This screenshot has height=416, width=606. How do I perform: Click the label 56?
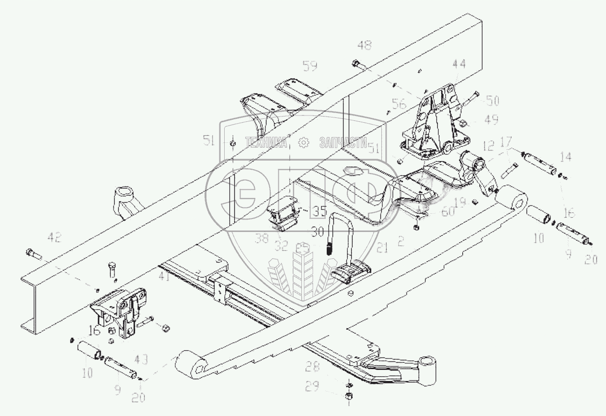399,104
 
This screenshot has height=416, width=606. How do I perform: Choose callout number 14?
565,156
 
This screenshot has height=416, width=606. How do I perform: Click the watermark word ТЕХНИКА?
266,142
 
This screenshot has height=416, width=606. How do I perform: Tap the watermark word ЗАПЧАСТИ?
342,142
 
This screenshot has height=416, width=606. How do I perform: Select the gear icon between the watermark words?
303,142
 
